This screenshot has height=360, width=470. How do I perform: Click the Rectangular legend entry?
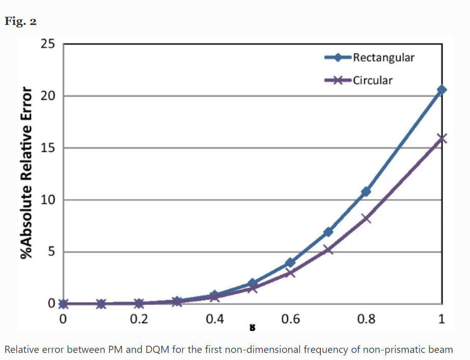pyautogui.click(x=383, y=57)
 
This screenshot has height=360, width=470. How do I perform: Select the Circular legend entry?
pyautogui.click(x=372, y=80)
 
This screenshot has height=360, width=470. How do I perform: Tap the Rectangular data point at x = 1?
pyautogui.click(x=441, y=90)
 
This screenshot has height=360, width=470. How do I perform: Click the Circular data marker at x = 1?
pyautogui.click(x=441, y=138)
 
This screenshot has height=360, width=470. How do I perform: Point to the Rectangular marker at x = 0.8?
pyautogui.click(x=366, y=191)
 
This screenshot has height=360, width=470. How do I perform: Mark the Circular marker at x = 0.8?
pyautogui.click(x=366, y=218)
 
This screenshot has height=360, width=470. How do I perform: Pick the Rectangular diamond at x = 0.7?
pyautogui.click(x=328, y=232)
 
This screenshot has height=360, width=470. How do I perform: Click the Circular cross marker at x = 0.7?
pyautogui.click(x=328, y=250)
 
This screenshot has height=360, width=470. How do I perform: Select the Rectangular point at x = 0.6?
pyautogui.click(x=290, y=263)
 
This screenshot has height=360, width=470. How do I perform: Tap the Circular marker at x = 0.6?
pyautogui.click(x=290, y=272)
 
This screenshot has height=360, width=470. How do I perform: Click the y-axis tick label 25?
pyautogui.click(x=48, y=44)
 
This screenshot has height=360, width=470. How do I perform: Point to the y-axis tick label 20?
pyautogui.click(x=48, y=96)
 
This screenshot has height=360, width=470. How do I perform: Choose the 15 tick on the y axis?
pyautogui.click(x=48, y=148)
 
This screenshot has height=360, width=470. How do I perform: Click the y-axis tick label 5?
pyautogui.click(x=51, y=252)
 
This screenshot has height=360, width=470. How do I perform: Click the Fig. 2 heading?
pyautogui.click(x=20, y=21)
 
